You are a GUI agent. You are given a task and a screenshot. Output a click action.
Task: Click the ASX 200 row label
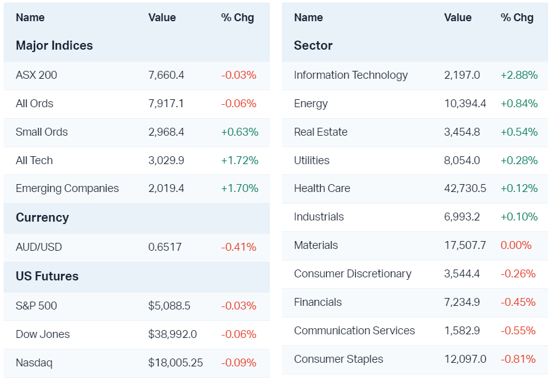pos(36,75)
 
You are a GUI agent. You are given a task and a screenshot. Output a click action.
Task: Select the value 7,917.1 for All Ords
pos(166,104)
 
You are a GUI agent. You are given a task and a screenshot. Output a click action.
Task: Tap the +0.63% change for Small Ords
pos(240,132)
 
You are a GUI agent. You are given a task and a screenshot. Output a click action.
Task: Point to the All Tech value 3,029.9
pos(166,160)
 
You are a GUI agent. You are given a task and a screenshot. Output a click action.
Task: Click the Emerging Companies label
pos(67,188)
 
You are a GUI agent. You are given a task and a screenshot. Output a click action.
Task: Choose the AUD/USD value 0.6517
pos(164,247)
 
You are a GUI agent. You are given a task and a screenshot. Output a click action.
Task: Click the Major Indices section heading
pos(54,45)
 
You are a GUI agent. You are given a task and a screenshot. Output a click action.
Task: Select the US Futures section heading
pos(47,276)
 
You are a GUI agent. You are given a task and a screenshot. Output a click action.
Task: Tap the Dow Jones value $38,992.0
pos(172,334)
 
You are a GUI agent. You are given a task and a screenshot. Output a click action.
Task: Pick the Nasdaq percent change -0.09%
pos(239,363)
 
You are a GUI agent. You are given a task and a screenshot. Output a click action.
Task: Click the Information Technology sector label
pos(351,75)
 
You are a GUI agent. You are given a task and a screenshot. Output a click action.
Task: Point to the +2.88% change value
pos(519,75)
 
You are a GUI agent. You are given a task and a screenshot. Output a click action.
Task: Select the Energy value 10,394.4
pos(465,104)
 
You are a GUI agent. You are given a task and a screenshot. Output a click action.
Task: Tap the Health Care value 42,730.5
pos(465,188)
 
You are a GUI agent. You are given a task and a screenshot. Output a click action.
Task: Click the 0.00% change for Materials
pos(516,245)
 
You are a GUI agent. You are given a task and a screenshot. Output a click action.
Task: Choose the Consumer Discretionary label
pos(353,274)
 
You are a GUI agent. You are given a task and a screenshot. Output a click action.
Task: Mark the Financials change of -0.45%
pos(518,302)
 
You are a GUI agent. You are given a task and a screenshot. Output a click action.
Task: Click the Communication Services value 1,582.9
pos(462,331)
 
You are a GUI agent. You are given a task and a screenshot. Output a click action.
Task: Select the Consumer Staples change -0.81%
pos(518,359)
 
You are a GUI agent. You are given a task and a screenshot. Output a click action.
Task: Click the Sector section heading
pos(313,45)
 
